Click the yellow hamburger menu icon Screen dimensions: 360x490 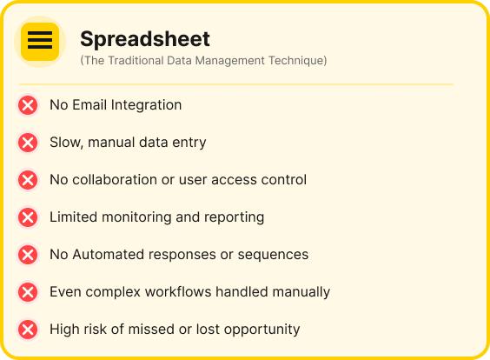[40, 41]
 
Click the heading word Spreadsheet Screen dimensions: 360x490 [145, 39]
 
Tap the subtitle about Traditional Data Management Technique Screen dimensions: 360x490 [203, 61]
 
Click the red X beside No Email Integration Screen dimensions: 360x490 [28, 105]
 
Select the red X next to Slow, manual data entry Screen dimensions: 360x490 [28, 143]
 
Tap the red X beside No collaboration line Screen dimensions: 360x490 [28, 180]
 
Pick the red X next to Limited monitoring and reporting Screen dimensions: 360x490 [28, 217]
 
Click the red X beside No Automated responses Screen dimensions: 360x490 [28, 255]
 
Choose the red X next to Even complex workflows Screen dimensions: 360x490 [28, 292]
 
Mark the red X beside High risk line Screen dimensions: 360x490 [28, 330]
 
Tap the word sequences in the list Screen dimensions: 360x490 [275, 255]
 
